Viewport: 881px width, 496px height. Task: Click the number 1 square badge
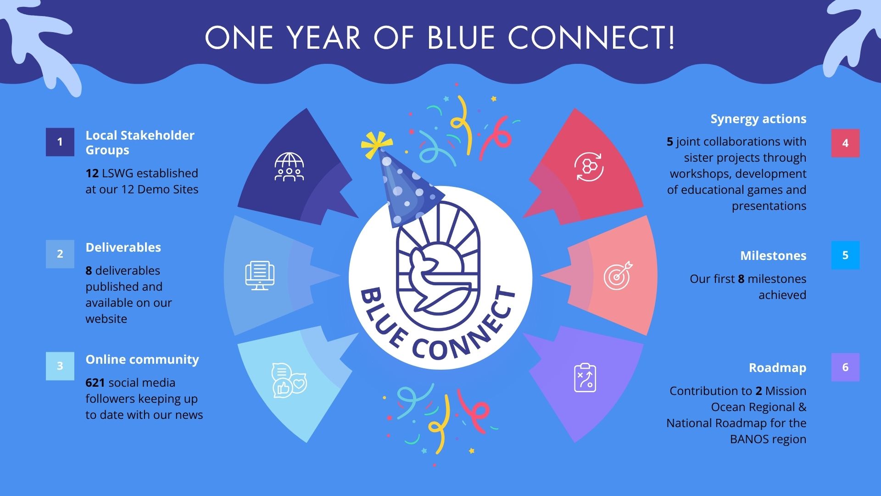click(60, 142)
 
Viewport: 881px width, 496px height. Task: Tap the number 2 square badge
click(60, 254)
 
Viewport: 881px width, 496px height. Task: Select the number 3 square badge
click(60, 366)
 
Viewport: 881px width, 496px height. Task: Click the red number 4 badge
click(845, 143)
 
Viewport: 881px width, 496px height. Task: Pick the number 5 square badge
click(845, 255)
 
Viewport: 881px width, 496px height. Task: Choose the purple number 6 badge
click(845, 367)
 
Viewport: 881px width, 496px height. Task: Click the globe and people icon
click(289, 167)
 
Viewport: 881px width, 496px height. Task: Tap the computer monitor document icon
click(260, 276)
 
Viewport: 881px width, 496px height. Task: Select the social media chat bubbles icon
click(289, 380)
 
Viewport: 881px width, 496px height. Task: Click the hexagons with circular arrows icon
click(589, 167)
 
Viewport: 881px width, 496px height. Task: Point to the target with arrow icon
click(618, 276)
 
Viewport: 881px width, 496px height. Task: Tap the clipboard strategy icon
click(585, 378)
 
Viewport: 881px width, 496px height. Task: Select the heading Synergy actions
click(758, 119)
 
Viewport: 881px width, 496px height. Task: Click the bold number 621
click(95, 383)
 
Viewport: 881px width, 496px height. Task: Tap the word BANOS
click(748, 439)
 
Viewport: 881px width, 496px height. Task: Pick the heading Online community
click(142, 360)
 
